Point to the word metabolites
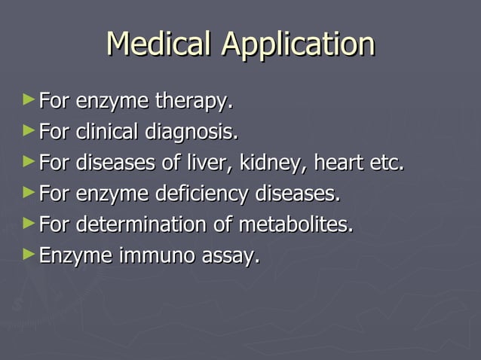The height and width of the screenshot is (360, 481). click(296, 225)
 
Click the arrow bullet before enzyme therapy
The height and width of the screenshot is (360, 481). click(29, 99)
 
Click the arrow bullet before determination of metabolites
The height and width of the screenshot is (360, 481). click(29, 223)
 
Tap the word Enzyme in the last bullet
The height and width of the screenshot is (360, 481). click(75, 258)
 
